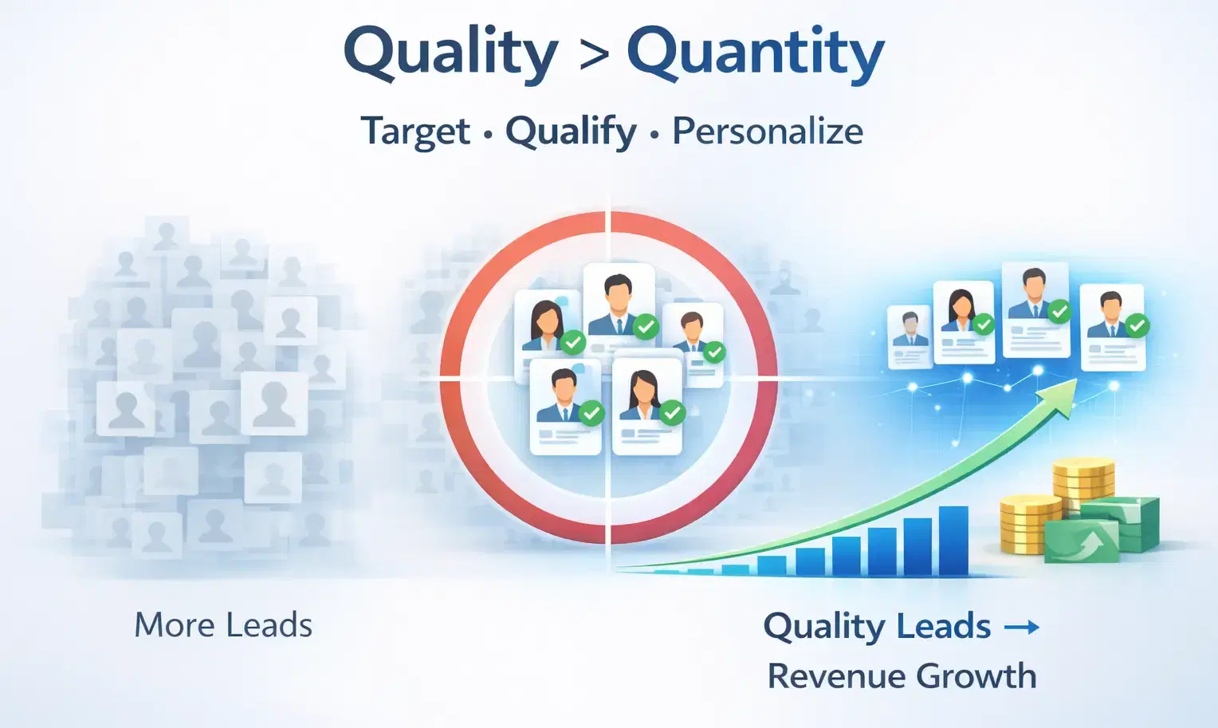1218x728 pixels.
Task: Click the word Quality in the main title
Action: click(450, 53)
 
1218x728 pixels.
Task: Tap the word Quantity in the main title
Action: click(755, 53)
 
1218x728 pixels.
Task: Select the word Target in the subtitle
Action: click(415, 132)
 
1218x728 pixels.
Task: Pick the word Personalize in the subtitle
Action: click(767, 132)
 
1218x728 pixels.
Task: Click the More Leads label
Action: click(223, 625)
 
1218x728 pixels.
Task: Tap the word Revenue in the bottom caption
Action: click(834, 676)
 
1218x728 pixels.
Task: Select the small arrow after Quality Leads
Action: click(1021, 628)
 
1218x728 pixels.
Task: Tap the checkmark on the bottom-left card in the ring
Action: click(591, 413)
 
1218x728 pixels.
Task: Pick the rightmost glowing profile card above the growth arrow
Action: click(1112, 325)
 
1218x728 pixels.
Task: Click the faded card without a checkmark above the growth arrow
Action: click(910, 336)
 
